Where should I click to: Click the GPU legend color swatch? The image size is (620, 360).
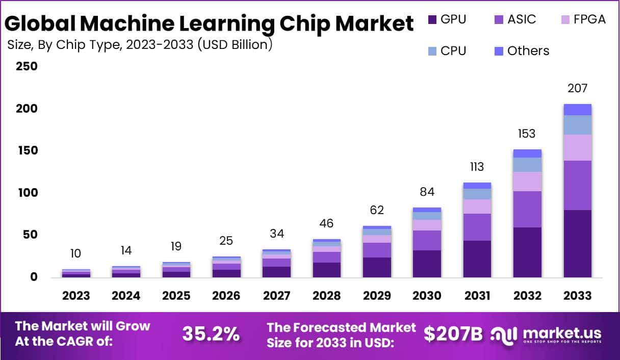[432, 20]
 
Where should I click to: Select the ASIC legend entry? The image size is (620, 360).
[522, 20]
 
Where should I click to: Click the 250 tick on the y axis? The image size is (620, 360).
[27, 67]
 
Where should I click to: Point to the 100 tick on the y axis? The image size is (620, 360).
[27, 193]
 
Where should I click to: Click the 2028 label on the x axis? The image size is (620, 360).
[327, 296]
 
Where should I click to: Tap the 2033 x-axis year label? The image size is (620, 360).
[578, 296]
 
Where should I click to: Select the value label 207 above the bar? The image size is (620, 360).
[578, 89]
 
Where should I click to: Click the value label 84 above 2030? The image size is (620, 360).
[427, 192]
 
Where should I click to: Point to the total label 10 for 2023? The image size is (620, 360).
[76, 253]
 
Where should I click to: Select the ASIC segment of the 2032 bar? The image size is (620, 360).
[528, 209]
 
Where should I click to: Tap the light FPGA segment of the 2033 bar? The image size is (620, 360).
[578, 147]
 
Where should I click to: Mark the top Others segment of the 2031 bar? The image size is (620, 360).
[477, 186]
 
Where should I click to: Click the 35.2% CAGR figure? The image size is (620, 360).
[211, 334]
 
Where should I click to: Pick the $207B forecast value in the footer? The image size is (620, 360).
[453, 334]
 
